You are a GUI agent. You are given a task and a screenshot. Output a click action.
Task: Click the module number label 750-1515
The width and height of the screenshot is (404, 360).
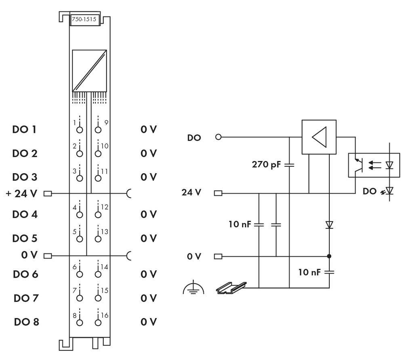click(84, 19)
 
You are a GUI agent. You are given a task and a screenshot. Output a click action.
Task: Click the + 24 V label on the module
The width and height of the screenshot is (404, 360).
click(22, 193)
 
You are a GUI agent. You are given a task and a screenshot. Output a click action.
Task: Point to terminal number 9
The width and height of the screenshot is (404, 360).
click(106, 122)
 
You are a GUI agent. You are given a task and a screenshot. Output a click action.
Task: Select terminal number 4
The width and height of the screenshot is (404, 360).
click(74, 207)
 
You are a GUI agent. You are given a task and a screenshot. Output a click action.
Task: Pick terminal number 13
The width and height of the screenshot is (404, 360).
click(104, 232)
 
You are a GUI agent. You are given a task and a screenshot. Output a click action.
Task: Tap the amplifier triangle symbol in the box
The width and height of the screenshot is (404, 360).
click(319, 137)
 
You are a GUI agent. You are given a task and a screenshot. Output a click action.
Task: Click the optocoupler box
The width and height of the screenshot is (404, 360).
click(374, 165)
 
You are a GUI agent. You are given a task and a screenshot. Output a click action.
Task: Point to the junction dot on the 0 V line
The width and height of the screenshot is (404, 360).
click(330, 256)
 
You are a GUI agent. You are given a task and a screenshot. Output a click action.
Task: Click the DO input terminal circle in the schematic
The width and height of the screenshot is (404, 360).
click(219, 137)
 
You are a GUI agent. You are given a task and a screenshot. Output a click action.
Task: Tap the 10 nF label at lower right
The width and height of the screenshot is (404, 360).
click(309, 272)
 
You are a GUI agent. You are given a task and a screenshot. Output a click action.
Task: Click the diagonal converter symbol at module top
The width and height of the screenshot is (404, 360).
click(89, 71)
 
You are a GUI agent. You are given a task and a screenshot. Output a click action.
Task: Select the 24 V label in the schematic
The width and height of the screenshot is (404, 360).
click(191, 193)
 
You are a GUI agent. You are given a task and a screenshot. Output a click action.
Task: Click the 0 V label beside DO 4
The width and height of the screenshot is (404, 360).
click(149, 214)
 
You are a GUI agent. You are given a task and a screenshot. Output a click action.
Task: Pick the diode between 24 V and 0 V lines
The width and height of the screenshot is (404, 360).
click(330, 225)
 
